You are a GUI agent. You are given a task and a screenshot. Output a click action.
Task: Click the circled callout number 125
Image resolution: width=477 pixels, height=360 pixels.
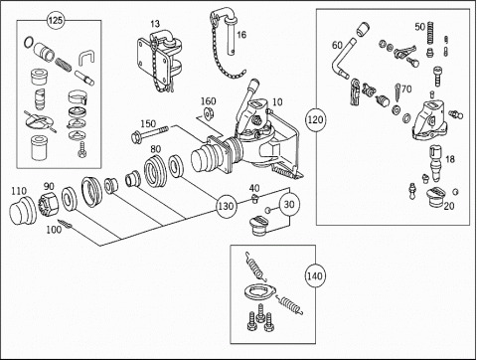(56, 21)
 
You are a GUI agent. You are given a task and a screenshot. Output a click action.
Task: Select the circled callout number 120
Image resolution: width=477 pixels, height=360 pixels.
(315, 119)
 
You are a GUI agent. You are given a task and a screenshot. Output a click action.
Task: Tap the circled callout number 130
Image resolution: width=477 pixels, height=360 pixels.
(226, 206)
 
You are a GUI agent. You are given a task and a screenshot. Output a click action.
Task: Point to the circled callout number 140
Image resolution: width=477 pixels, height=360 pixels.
(314, 275)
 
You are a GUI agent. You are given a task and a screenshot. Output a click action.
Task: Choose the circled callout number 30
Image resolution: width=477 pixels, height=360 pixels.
(289, 205)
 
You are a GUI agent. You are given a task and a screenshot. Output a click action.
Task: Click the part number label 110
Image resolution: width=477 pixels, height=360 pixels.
(19, 191)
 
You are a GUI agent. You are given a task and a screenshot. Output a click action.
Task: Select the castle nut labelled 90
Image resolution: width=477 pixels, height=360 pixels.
(49, 204)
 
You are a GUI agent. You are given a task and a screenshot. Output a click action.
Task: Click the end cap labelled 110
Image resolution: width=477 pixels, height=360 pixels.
(23, 212)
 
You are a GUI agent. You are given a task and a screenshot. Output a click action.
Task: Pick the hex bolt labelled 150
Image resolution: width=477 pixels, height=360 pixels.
(150, 133)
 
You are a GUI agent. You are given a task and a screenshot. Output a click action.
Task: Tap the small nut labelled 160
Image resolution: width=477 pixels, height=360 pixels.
(209, 113)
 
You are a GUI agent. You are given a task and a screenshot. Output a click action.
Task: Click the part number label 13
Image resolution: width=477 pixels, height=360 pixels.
(155, 24)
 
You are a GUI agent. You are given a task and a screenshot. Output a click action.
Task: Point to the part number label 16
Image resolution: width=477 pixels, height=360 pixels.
(241, 35)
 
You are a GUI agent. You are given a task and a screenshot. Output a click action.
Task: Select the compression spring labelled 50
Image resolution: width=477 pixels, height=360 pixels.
(430, 33)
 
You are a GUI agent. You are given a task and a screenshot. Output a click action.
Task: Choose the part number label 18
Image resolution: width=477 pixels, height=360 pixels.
(449, 159)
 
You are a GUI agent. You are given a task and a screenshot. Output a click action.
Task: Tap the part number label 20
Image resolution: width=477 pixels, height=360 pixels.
(449, 206)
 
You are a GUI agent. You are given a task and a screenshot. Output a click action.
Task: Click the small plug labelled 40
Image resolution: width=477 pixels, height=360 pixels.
(254, 199)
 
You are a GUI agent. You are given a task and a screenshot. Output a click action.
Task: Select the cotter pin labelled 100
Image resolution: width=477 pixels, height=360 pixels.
(65, 224)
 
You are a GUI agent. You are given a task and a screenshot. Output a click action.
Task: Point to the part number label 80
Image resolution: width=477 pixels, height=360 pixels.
(155, 149)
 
